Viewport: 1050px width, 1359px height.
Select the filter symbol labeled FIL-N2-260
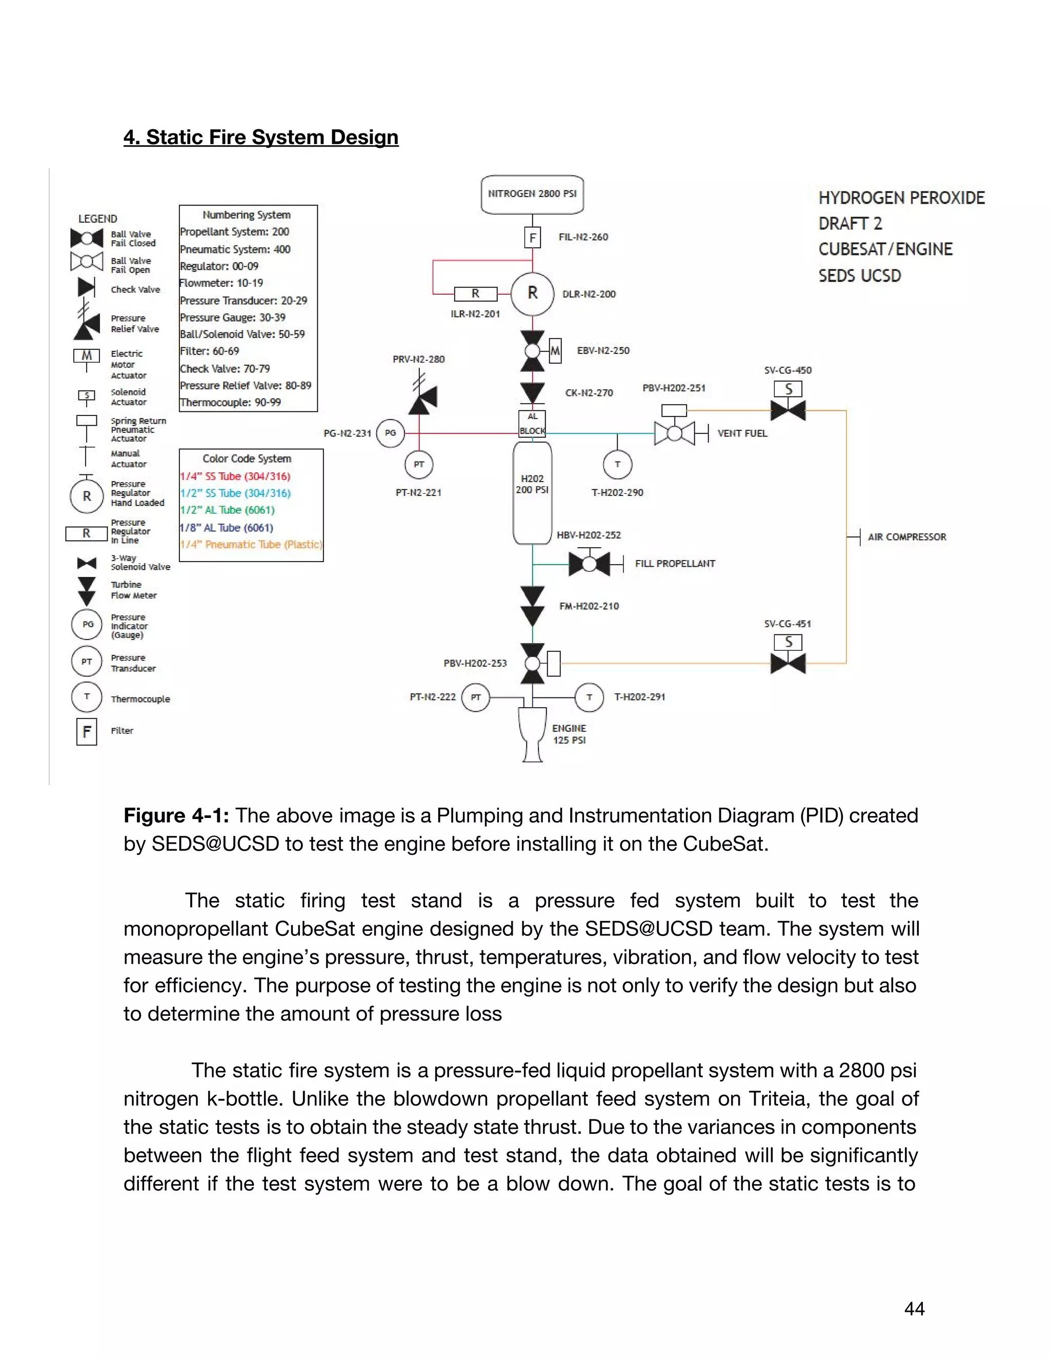[533, 237]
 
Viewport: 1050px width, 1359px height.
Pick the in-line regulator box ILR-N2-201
[475, 294]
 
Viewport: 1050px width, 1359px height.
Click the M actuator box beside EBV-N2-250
[555, 351]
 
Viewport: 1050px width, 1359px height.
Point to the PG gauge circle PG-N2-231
[390, 433]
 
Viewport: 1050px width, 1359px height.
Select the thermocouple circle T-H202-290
[617, 464]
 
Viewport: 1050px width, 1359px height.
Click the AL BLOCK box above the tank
[533, 424]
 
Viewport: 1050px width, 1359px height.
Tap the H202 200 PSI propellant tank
[533, 492]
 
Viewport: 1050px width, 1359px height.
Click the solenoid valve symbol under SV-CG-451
[788, 663]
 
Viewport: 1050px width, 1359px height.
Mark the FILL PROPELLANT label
[674, 564]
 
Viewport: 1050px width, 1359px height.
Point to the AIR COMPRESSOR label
[906, 537]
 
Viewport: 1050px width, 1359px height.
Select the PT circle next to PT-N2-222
[476, 697]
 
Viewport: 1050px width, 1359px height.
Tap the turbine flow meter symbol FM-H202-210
[533, 606]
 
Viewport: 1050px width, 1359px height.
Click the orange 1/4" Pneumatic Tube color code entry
[251, 545]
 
